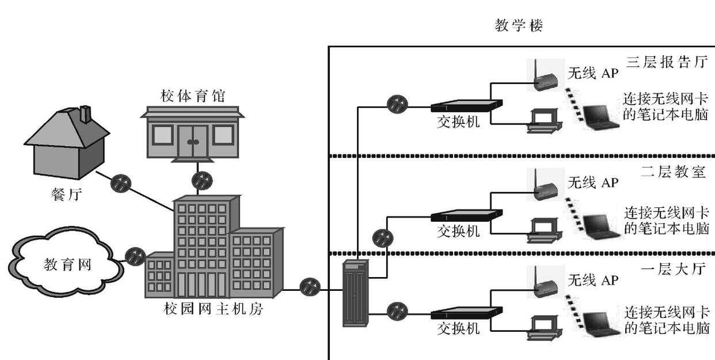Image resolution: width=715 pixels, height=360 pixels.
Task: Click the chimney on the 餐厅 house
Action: click(86, 115)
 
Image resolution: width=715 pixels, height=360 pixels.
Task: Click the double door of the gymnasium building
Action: click(192, 141)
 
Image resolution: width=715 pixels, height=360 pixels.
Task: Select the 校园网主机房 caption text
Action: click(213, 309)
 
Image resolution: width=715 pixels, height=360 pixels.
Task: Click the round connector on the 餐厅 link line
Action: click(121, 183)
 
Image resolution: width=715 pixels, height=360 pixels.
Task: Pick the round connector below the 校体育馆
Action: click(202, 180)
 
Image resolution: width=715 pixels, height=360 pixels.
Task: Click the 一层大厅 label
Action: click(672, 269)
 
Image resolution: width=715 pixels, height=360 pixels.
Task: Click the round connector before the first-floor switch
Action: click(397, 312)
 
